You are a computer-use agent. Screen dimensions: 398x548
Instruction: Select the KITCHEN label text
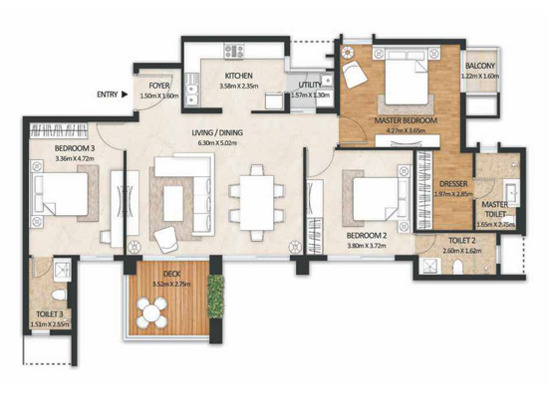(x=238, y=76)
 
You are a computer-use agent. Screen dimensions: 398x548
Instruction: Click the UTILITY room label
(x=310, y=85)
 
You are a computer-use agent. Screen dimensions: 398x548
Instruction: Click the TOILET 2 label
(x=460, y=241)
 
